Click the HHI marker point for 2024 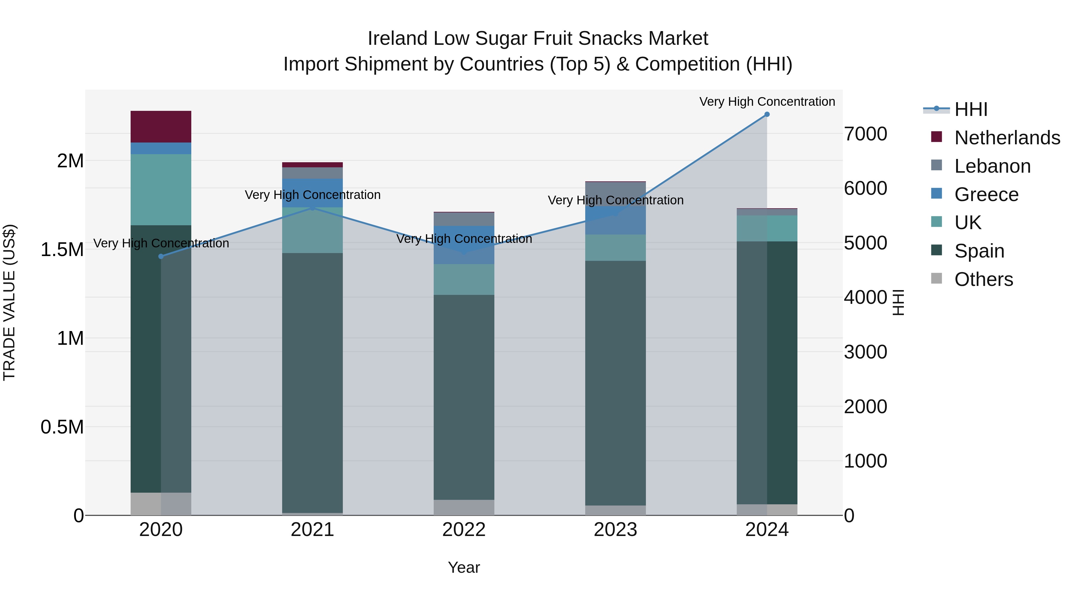[x=767, y=114]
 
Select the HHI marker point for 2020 [x=161, y=256]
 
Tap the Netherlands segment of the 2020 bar [x=161, y=126]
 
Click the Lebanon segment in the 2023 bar [x=615, y=194]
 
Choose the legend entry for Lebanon [x=992, y=166]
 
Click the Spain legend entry [x=979, y=251]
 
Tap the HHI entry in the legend [x=971, y=109]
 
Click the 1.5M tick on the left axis [x=62, y=250]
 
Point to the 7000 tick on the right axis [x=866, y=134]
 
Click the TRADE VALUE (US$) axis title [x=9, y=302]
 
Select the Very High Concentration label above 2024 [x=767, y=102]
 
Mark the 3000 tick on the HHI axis [x=866, y=352]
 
